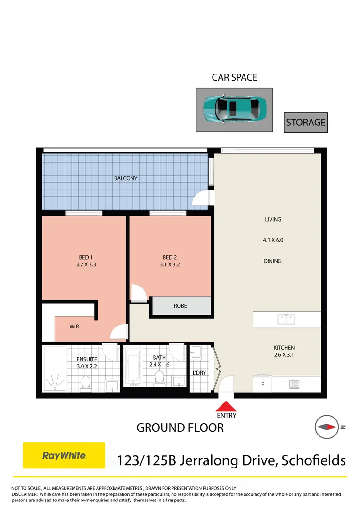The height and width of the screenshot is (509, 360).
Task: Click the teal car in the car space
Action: (x=234, y=110)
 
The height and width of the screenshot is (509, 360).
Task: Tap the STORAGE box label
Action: (x=305, y=123)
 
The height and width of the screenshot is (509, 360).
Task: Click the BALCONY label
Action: (x=125, y=178)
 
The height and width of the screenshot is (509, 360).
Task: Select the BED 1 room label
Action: (x=85, y=257)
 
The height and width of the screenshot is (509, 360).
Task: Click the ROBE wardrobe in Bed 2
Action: (x=180, y=306)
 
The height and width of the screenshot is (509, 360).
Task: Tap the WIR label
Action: (x=74, y=326)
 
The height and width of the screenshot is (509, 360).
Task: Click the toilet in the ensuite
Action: (x=86, y=382)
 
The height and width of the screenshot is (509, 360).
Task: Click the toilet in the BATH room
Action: (x=159, y=377)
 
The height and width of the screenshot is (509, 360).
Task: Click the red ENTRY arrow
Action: (x=227, y=406)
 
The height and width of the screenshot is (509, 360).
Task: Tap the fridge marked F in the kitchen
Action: (x=262, y=384)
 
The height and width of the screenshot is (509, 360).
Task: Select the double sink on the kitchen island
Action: (x=286, y=320)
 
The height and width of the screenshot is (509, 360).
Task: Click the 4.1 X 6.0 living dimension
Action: (x=273, y=240)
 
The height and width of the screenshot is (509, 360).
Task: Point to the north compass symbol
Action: (x=327, y=427)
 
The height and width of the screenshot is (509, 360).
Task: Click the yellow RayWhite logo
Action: (x=64, y=455)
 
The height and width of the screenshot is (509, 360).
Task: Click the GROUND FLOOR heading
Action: (x=180, y=427)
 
